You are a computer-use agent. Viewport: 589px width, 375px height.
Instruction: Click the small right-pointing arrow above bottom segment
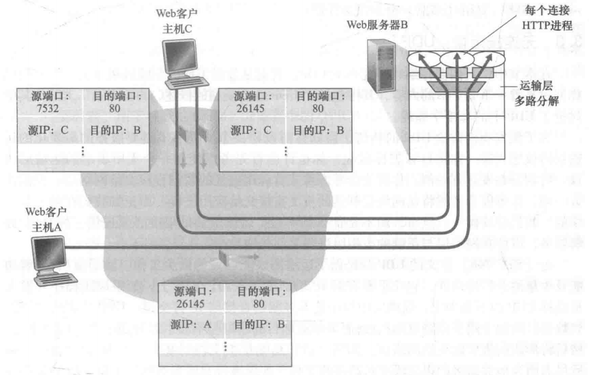pyautogui.click(x=252, y=257)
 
